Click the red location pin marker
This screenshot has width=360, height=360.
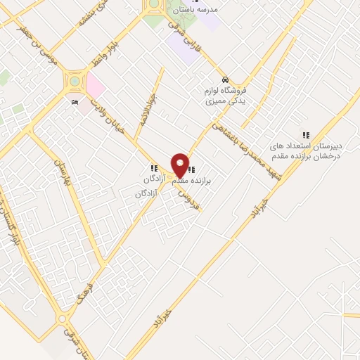180,165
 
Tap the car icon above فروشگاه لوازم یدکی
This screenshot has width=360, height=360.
224,79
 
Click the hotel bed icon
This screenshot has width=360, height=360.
76,102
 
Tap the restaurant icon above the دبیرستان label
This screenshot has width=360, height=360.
305,135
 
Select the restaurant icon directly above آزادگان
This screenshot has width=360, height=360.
153,169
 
